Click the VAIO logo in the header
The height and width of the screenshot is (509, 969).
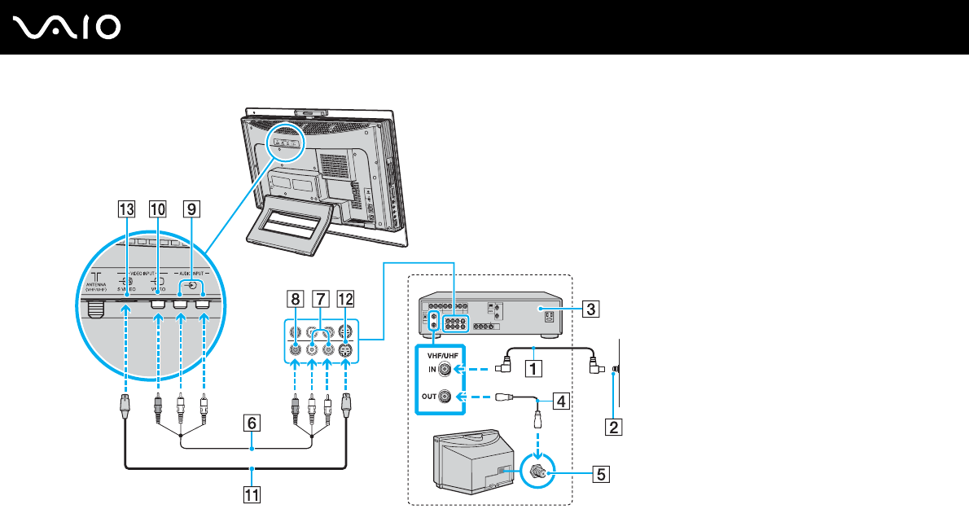tap(68, 29)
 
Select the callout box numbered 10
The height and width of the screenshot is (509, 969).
tap(156, 210)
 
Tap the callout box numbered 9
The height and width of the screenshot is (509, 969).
tap(191, 210)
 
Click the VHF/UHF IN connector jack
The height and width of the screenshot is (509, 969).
tap(445, 369)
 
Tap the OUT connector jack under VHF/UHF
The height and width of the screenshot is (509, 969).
tap(445, 398)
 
